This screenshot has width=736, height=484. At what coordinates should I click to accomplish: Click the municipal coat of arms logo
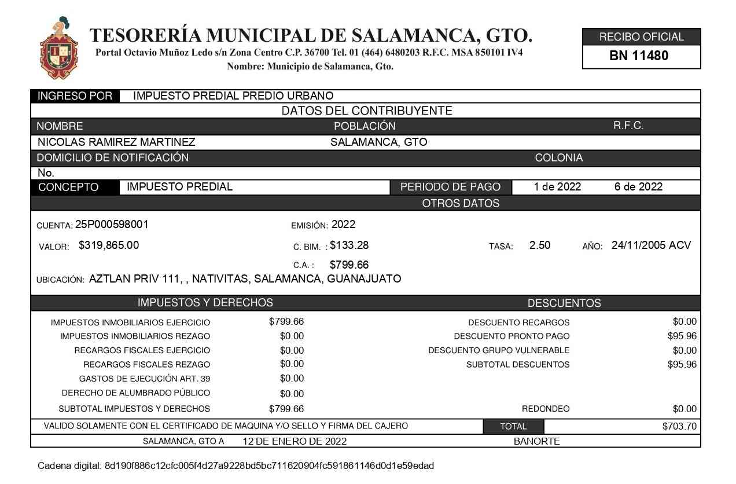[x=58, y=48]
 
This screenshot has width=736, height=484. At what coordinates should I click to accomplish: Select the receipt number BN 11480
[x=639, y=56]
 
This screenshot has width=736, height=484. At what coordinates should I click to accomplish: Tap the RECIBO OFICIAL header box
[x=641, y=37]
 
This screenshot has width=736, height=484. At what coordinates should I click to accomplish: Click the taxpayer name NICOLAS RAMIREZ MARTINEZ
[x=116, y=142]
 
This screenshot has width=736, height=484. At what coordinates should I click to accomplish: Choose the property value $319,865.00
[x=109, y=245]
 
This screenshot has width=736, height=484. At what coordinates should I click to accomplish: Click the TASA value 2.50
[x=539, y=245]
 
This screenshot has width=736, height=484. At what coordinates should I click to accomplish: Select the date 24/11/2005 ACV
[x=651, y=245]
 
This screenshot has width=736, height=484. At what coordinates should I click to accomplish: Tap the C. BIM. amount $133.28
[x=349, y=245]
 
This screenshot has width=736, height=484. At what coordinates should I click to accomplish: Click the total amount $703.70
[x=679, y=427]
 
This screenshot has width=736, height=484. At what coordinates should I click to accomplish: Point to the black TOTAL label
[x=513, y=427]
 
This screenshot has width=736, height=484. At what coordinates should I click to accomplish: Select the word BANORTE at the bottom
[x=536, y=441]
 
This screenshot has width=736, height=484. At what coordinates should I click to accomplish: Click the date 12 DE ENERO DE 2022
[x=295, y=441]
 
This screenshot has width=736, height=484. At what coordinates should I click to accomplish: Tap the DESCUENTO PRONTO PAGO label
[x=511, y=336]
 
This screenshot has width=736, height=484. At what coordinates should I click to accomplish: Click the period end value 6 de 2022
[x=638, y=187]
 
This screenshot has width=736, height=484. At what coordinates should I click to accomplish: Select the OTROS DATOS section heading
[x=461, y=203]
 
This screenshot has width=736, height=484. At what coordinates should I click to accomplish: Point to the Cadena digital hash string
[x=269, y=465]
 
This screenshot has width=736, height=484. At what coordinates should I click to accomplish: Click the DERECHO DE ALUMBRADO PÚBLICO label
[x=135, y=394]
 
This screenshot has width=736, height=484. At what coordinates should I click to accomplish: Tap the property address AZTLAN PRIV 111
[x=134, y=278]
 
